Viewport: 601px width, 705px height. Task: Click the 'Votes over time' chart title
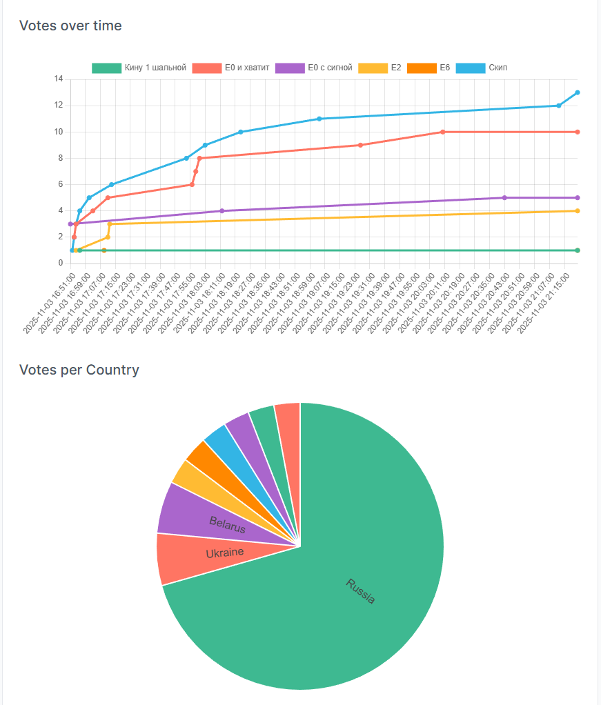pos(70,26)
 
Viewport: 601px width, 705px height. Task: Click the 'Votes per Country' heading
pos(79,370)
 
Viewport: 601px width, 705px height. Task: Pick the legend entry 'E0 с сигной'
pos(314,68)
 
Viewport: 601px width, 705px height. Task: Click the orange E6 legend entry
pos(428,68)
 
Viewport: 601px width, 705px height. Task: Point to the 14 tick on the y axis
pos(58,79)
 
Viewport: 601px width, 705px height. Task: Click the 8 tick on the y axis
pos(60,158)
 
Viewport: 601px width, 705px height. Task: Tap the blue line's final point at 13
pos(577,92)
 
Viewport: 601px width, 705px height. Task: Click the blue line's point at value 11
pos(319,119)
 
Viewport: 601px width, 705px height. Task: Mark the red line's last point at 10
pos(577,132)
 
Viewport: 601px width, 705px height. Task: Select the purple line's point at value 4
pos(221,210)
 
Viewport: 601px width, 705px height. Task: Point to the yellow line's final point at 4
pos(577,211)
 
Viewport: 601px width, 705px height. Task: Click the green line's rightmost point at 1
pos(577,250)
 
